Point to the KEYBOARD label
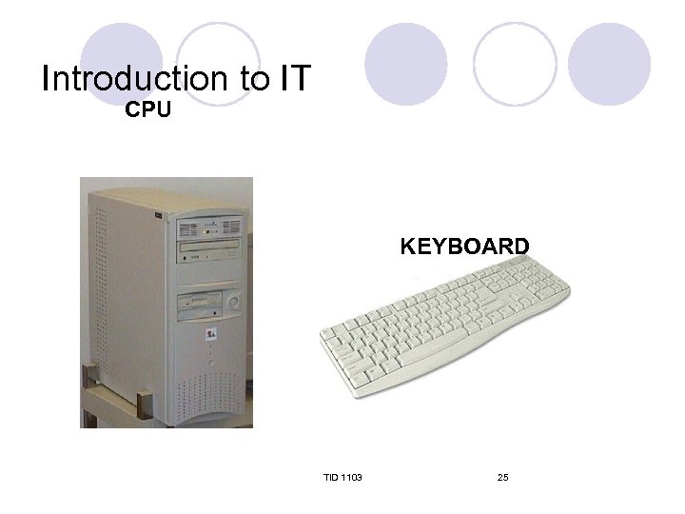(464, 247)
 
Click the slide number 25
(502, 476)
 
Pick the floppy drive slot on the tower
(199, 307)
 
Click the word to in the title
(254, 80)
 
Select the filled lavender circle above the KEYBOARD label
(406, 64)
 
